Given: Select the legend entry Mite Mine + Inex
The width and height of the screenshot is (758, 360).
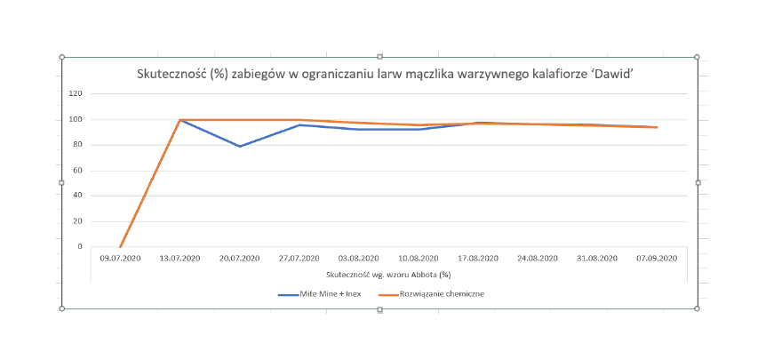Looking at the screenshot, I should point(320,293).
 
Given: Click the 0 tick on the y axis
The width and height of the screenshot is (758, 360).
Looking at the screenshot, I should point(80,246).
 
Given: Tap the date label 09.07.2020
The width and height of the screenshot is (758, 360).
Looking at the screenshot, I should point(121,259).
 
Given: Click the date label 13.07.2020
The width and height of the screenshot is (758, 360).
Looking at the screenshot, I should point(180,259).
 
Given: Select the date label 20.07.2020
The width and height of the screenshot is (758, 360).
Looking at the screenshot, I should point(240,259).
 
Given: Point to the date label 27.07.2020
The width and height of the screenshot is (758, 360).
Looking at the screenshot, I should point(299,259).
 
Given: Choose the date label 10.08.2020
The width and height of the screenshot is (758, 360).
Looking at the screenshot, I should point(419,259).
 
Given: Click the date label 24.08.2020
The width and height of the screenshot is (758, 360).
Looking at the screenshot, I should point(538,259).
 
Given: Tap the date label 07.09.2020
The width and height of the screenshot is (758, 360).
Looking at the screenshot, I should point(657,259).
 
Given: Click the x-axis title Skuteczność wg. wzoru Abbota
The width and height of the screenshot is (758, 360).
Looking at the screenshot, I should point(388,275).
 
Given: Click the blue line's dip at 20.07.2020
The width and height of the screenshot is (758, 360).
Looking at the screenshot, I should point(240,146).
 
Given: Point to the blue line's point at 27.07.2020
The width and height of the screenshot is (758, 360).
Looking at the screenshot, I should point(299,125).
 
